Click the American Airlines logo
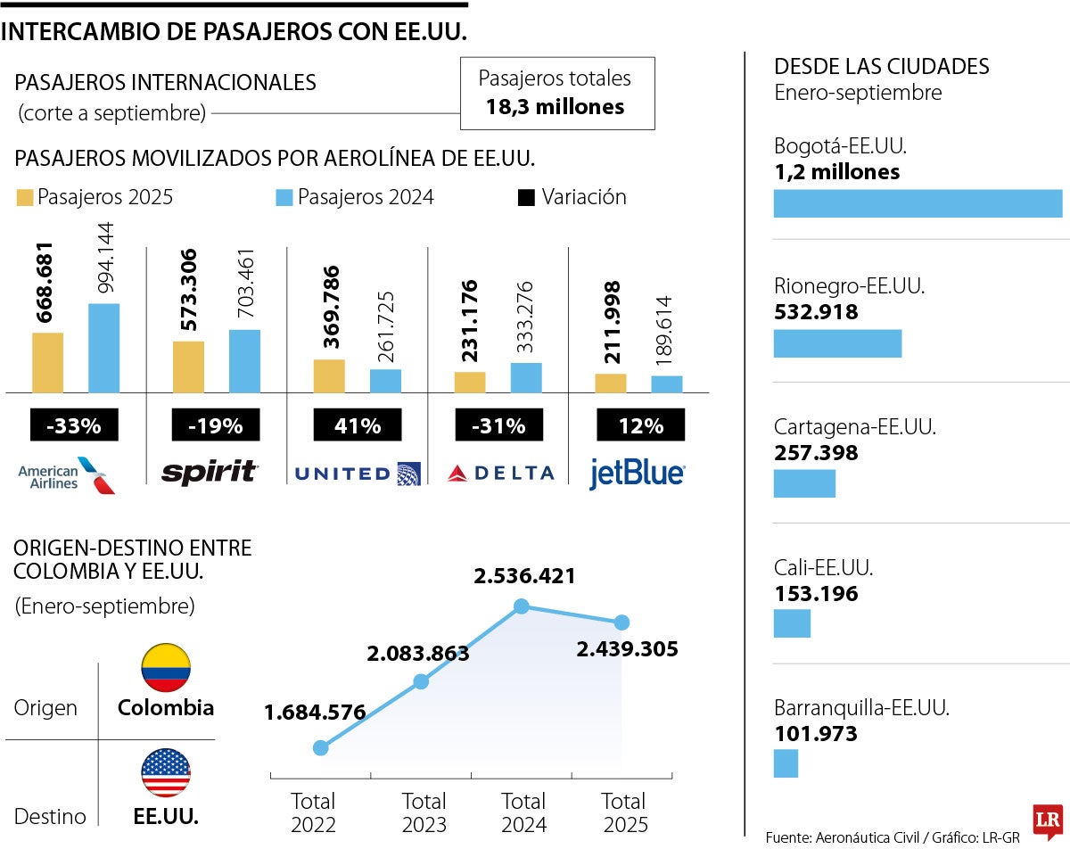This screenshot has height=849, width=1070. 67,474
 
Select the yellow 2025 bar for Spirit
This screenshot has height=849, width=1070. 188,367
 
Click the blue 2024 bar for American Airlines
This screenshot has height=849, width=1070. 103,348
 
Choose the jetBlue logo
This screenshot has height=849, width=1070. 637,474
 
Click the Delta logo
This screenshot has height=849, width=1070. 500,474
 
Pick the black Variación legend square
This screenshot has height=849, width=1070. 526,197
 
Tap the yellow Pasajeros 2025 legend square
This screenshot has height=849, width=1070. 24,197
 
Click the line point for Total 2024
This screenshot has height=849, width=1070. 523,607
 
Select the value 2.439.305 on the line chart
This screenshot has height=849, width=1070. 627,648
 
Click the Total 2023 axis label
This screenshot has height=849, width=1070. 424,812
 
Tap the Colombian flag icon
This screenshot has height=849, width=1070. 166,668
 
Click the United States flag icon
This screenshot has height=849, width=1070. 166,773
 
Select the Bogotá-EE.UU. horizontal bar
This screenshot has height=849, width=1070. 918,203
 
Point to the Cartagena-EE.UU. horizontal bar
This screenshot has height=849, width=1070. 804,483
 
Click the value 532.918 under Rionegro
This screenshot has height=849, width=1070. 816,312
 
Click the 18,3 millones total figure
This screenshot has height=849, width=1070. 555,107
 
